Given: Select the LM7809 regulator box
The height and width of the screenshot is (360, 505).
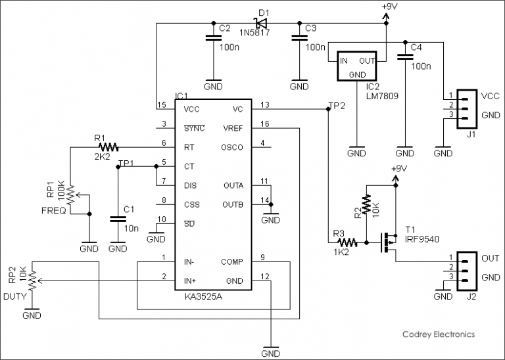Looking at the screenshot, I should coord(357,66).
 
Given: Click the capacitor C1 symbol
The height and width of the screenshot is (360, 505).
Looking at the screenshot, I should coord(118,217).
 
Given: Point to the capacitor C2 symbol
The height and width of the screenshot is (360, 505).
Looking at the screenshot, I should coord(212,39).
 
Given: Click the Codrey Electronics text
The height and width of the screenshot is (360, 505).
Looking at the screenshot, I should coord(438,334).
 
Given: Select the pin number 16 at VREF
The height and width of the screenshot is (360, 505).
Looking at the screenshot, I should coord(265,124).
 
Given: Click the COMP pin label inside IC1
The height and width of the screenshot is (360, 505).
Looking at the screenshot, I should coord(232,261).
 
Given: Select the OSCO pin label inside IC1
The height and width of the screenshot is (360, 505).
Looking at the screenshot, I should coord(232,147).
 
